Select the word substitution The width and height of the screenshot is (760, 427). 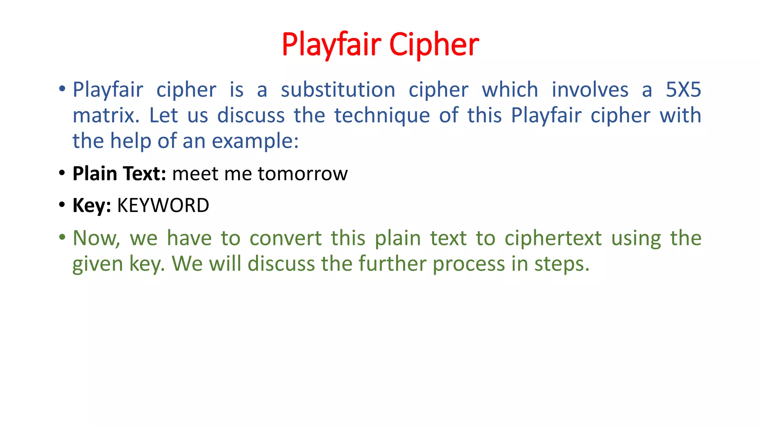(x=338, y=90)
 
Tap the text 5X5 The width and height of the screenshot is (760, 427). (x=683, y=90)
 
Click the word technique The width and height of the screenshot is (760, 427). (x=382, y=115)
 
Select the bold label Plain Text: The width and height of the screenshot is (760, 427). (x=119, y=173)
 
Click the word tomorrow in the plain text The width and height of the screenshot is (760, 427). (x=302, y=173)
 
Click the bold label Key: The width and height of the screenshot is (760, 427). (x=92, y=205)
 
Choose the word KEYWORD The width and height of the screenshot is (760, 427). (x=163, y=205)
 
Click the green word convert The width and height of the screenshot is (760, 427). (x=285, y=238)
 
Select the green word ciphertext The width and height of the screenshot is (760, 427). (x=553, y=238)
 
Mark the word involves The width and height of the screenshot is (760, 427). (x=590, y=90)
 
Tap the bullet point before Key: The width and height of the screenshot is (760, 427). (x=62, y=205)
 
